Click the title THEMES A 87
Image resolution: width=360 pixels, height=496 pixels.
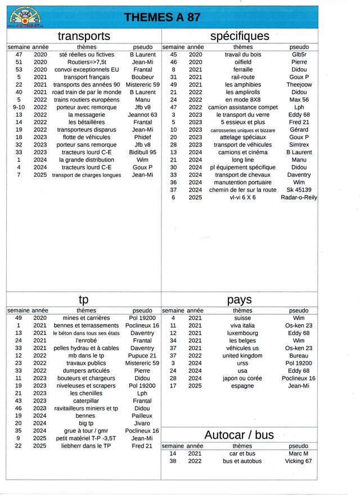tap(162, 17)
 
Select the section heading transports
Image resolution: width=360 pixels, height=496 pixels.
tap(84, 36)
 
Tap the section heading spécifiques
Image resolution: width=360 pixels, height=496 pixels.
tap(240, 36)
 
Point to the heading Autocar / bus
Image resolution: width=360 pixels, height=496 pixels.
tap(239, 435)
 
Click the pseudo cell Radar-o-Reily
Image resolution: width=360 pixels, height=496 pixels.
tap(299, 197)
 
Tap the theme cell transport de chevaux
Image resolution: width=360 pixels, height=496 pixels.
tap(243, 175)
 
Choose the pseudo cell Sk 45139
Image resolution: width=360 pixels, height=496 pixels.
tap(299, 190)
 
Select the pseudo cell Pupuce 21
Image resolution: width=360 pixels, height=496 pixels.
tap(142, 356)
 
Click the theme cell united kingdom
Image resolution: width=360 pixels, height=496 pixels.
tap(242, 356)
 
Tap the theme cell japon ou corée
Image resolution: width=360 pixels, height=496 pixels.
tap(242, 378)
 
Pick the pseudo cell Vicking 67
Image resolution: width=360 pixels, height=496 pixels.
tap(299, 461)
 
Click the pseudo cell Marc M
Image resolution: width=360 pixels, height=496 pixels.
tap(299, 453)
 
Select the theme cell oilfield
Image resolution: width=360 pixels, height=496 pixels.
tap(243, 62)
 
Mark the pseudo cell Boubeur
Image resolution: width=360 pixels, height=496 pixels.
tap(142, 77)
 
